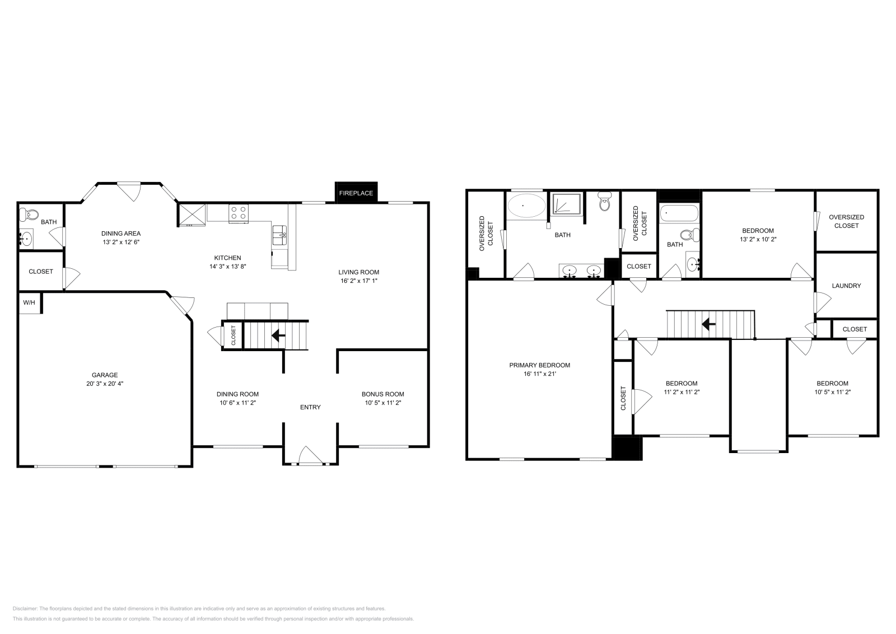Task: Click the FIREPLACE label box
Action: coord(356,193)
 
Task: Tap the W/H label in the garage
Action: coord(29,303)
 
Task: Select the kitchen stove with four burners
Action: coord(239,213)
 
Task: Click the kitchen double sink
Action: coord(279,235)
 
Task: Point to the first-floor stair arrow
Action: coord(277,335)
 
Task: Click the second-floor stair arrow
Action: coord(708,324)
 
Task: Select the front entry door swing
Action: coord(310,455)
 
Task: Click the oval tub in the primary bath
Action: coord(525,206)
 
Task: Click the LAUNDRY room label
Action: coord(846,286)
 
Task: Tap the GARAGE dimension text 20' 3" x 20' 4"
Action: coord(105,384)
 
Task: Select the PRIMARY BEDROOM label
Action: coord(539,365)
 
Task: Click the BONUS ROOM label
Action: coord(382,394)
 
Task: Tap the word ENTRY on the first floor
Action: coord(310,407)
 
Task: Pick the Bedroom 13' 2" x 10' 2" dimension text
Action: coord(758,239)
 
